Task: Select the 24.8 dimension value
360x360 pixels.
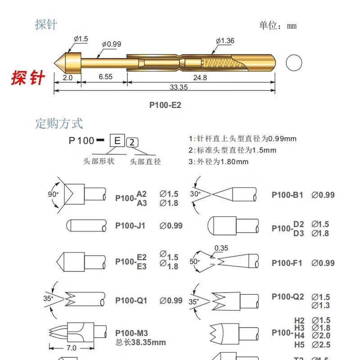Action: (201, 77)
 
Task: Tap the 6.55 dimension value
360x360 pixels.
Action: (105, 77)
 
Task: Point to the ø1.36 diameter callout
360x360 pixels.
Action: (225, 41)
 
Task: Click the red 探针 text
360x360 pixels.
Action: (28, 78)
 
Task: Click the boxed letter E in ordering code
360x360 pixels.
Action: (117, 140)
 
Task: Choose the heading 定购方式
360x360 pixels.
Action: (59, 123)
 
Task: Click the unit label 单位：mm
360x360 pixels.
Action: (278, 26)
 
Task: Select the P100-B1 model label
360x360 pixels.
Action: (287, 195)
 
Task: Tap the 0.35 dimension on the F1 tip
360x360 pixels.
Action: (221, 248)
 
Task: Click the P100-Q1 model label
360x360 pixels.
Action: (131, 300)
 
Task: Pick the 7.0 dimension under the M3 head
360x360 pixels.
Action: (71, 348)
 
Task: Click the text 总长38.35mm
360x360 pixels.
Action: (140, 342)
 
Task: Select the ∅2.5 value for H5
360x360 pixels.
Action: (321, 345)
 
